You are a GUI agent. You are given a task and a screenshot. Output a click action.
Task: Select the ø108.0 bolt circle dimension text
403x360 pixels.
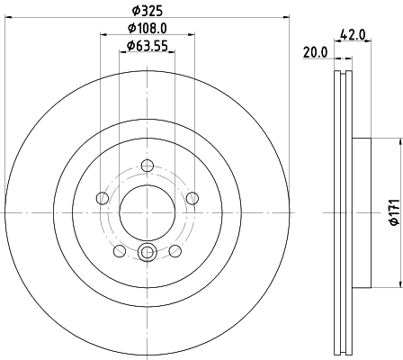click(x=148, y=29)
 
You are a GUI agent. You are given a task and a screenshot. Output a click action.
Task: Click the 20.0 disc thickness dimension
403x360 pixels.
click(x=315, y=53)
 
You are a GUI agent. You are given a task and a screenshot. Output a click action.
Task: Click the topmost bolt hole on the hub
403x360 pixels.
click(x=148, y=165)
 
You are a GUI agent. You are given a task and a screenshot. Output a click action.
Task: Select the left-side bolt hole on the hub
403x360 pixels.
click(x=103, y=198)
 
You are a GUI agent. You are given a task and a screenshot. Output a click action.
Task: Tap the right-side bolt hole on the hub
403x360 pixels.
click(x=193, y=198)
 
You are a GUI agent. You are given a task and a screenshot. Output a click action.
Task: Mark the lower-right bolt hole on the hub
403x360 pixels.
click(x=176, y=251)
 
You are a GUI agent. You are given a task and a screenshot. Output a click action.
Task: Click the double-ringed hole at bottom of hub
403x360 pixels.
click(x=148, y=253)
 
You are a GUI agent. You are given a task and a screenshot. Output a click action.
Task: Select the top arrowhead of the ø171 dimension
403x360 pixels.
click(x=398, y=140)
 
